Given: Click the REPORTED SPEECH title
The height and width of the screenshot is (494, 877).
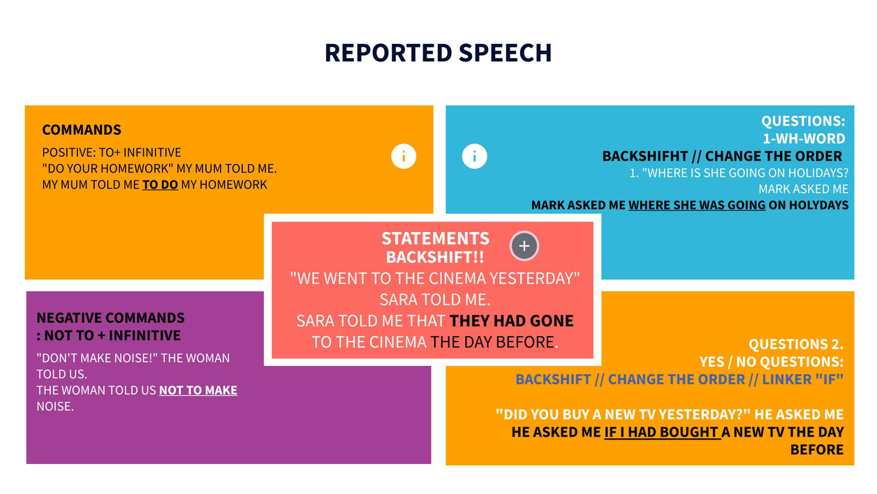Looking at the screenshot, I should click(x=438, y=53).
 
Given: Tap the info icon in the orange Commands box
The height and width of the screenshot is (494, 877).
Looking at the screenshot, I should click(x=404, y=156).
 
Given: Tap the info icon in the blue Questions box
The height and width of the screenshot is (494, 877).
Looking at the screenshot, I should click(x=474, y=156).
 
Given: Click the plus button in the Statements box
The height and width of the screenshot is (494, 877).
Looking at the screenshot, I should click(x=524, y=245).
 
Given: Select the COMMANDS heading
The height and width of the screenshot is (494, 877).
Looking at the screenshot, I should click(x=82, y=130).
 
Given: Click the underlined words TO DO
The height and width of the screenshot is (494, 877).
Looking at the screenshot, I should click(x=160, y=185).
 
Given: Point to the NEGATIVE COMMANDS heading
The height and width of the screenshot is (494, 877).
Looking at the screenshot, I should click(x=110, y=319).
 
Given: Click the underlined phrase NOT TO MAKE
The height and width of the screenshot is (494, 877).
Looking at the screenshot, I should click(x=198, y=390).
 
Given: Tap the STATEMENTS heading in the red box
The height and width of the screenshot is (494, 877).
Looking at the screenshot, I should click(x=435, y=238).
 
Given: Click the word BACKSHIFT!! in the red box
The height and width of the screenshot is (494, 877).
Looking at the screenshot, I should click(x=435, y=257).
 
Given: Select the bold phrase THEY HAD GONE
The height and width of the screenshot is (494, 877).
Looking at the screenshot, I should click(x=511, y=321).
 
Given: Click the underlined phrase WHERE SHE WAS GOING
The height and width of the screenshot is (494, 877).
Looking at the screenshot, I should click(x=697, y=205).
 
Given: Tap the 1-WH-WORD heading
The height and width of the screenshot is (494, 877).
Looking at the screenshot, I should click(x=804, y=138).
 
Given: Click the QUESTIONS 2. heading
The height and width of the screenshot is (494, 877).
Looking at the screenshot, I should click(x=796, y=344).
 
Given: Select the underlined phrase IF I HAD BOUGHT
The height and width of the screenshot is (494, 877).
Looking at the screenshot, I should click(x=662, y=433).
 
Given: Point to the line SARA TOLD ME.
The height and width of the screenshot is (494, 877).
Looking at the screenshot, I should click(x=435, y=300).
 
